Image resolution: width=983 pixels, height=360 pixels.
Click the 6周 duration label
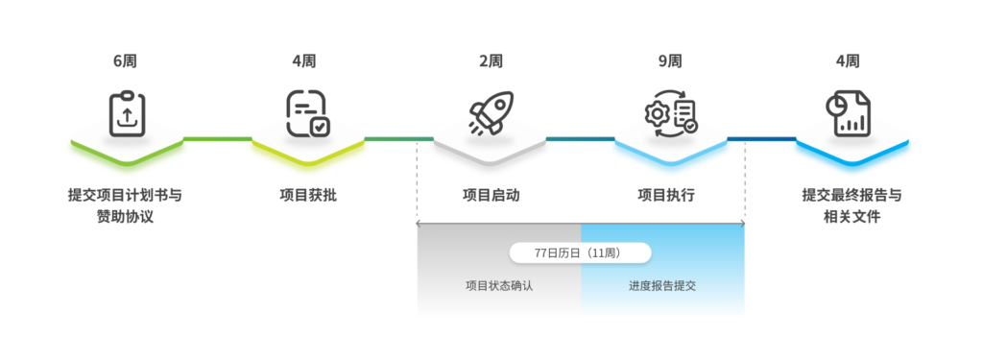click(125, 60)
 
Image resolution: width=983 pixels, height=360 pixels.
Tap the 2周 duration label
click(491, 60)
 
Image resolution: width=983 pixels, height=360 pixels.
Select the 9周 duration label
click(670, 60)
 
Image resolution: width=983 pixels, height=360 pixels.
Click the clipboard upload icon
click(126, 114)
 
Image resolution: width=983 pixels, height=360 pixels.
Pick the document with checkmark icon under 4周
click(307, 114)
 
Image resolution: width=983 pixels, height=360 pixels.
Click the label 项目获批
click(308, 196)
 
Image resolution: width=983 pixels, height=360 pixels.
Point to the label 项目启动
click(491, 196)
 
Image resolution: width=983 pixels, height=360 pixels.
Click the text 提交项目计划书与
click(125, 196)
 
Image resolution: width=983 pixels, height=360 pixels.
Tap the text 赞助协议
click(125, 217)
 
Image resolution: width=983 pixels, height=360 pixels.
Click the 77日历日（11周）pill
click(580, 252)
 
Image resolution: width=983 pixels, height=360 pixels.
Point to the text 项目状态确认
click(498, 285)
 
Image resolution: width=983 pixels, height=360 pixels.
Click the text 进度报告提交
click(662, 285)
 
